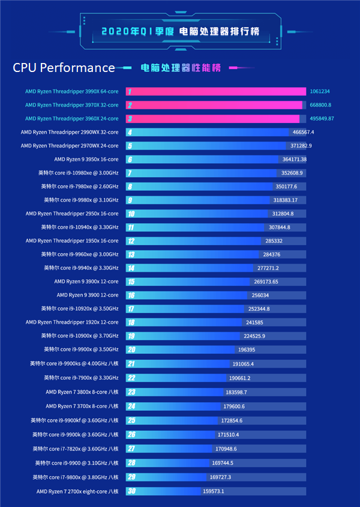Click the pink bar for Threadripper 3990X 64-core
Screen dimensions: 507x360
pos(216,92)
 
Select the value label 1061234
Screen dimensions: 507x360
pos(320,92)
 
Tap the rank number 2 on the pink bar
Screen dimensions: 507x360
pos(129,105)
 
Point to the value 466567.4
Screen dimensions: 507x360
pos(303,132)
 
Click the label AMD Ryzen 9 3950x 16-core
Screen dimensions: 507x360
pos(86,159)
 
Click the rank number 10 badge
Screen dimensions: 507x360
pos(130,214)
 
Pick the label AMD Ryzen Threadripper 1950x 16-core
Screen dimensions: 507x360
pos(72,241)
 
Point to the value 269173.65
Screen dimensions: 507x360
pos(266,281)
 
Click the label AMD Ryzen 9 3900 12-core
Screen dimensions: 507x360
pos(88,295)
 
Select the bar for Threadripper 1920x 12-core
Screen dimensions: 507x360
pos(186,322)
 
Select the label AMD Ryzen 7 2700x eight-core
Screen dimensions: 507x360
pos(77,491)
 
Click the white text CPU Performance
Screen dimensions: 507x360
pos(64,68)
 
